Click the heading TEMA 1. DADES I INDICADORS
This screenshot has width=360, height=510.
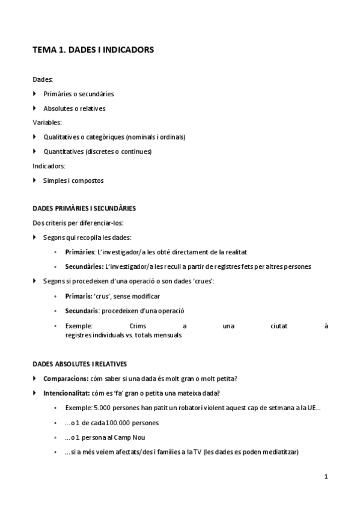pos(93,51)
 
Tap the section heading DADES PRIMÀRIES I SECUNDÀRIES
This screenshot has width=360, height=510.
pos(84,209)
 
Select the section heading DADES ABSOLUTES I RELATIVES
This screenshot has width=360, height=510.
pos(79,364)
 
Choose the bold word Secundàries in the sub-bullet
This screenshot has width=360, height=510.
pos(84,266)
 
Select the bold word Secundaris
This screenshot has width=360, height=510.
pos(81,311)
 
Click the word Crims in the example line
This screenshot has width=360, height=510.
pos(138,325)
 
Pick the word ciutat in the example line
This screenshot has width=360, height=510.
pos(279,325)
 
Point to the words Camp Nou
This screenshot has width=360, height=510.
pos(130,437)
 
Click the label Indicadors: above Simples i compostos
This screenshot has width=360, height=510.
pos(49,166)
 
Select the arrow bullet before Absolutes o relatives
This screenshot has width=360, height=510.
pos(35,108)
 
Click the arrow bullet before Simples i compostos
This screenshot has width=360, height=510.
pos(35,180)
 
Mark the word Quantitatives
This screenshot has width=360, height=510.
pos(63,152)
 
